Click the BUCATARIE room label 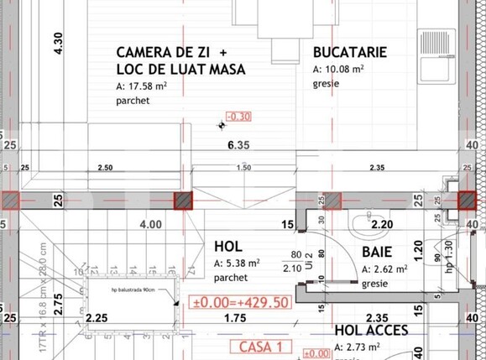(x=350, y=52)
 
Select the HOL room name (x=228, y=247)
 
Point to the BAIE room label (x=378, y=252)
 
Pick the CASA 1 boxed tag (x=260, y=346)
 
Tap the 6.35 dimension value (x=240, y=144)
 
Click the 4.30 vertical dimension (x=58, y=43)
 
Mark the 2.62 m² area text (x=384, y=269)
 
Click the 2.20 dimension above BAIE (x=382, y=224)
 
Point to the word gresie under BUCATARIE (x=327, y=84)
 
